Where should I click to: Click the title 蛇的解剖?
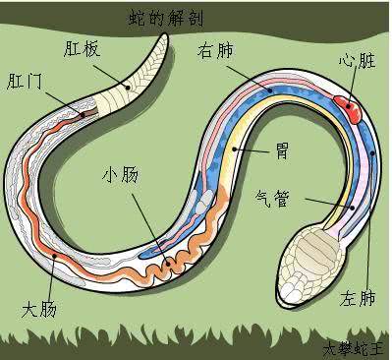tap(168, 18)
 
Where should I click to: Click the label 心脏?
tap(360, 61)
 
